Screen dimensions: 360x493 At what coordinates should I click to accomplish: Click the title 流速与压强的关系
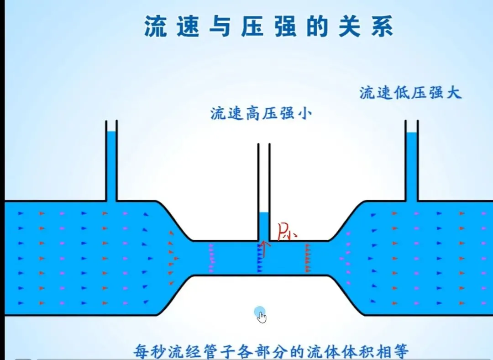coord(268,26)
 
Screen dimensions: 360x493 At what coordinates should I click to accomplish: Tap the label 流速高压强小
coord(261,113)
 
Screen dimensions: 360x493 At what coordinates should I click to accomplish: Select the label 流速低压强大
coord(410,93)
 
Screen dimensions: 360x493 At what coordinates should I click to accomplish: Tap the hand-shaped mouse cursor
coord(262,317)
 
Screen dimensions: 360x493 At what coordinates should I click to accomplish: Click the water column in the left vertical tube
coord(111,167)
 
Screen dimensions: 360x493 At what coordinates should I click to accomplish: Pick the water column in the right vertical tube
coord(412,167)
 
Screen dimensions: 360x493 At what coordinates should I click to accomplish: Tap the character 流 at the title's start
coord(156,26)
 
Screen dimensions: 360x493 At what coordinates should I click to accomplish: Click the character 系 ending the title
coord(381,26)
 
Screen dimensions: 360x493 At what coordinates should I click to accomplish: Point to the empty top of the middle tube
coord(264,178)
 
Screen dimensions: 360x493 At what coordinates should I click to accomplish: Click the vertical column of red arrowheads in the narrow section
coord(308,259)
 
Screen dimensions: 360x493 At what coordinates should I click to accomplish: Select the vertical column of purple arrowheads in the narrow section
coord(211,259)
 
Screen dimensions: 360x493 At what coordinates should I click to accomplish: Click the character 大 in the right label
coord(454,93)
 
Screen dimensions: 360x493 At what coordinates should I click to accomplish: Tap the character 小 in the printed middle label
coord(304,113)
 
